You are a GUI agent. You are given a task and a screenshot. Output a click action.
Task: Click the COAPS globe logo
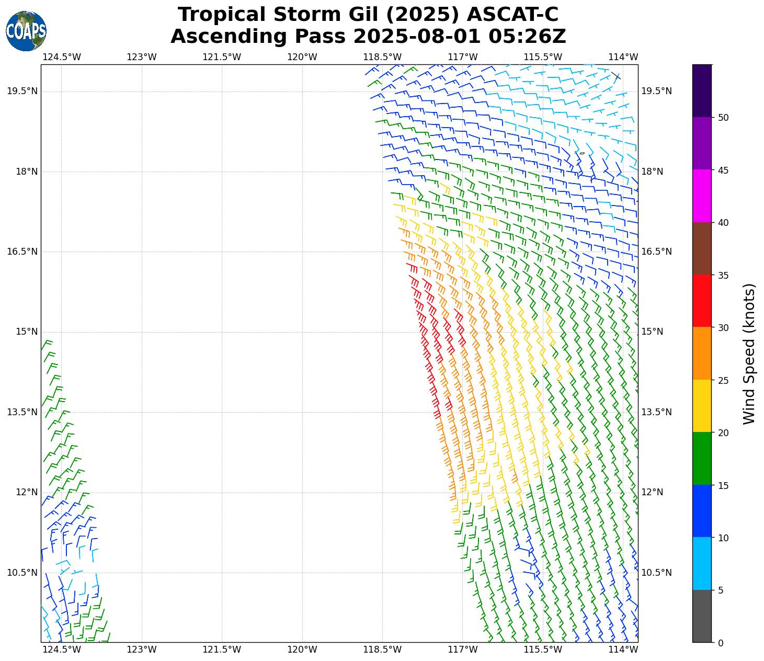point(26,31)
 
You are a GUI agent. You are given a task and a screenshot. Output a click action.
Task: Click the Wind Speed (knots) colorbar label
point(749,354)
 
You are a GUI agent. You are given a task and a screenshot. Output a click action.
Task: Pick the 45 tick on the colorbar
point(723,170)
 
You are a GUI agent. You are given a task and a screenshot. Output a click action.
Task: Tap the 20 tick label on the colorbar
point(723,433)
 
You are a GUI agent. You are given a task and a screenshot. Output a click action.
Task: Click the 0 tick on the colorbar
point(721,643)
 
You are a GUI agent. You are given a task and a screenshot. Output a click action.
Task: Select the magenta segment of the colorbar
point(702,196)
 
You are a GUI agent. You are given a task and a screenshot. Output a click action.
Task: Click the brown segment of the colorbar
point(702,248)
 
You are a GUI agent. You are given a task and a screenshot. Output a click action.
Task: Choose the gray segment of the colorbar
point(702,616)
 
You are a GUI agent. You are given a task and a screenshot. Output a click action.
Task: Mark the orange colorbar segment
point(702,354)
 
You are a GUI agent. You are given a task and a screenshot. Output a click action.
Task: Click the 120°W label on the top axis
point(302,57)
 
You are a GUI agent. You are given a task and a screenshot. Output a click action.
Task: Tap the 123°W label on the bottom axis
point(142,649)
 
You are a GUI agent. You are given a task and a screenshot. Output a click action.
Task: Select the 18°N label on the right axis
point(652,172)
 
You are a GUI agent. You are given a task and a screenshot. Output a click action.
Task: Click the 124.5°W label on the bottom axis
point(62,649)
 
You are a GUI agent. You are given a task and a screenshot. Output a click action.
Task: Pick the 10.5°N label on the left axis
point(22,572)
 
